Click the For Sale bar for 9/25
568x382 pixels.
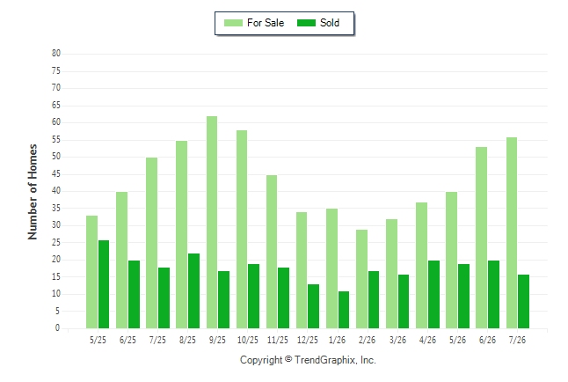(x=212, y=222)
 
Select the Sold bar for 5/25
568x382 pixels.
(x=104, y=284)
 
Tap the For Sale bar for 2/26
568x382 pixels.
(x=361, y=279)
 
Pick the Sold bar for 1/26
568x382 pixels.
(x=344, y=310)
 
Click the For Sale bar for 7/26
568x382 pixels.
(x=512, y=232)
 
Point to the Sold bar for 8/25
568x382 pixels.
(x=193, y=291)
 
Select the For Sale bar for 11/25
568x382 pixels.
(x=272, y=252)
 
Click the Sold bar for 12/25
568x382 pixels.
(x=313, y=306)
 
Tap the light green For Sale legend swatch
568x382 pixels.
(x=233, y=23)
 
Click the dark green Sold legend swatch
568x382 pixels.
(x=306, y=23)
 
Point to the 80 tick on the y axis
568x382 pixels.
(x=56, y=54)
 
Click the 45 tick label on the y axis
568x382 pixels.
(x=56, y=174)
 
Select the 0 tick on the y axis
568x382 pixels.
(x=57, y=328)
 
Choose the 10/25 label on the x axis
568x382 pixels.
(x=248, y=340)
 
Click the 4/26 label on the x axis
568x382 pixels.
(x=427, y=340)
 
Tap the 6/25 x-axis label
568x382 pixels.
(x=127, y=340)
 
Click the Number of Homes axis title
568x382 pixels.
(x=33, y=192)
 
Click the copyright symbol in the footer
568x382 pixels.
(x=288, y=359)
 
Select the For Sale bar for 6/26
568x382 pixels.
(x=482, y=238)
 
